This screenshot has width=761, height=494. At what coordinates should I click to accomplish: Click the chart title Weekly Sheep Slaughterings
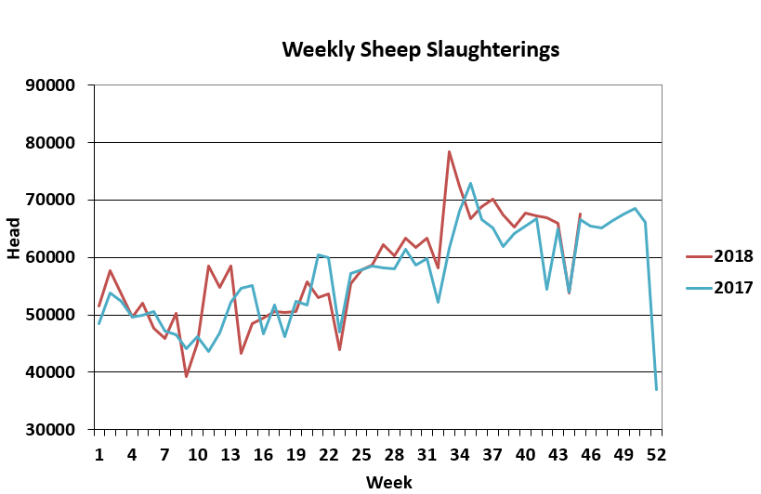tap(421, 48)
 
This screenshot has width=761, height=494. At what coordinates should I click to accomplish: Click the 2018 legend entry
tap(733, 257)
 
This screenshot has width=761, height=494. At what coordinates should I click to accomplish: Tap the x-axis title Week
tap(388, 481)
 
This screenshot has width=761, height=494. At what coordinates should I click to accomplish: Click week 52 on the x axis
tap(656, 454)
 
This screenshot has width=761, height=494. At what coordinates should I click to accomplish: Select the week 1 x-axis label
tap(98, 454)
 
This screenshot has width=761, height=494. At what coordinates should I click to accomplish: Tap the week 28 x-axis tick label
tap(394, 454)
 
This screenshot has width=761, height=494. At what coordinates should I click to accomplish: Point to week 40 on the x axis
tap(525, 454)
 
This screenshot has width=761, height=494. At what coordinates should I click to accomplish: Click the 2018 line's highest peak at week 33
tap(449, 151)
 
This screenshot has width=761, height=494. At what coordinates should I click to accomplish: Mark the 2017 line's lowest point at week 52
tap(656, 389)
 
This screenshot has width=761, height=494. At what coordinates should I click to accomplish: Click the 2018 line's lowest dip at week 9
tap(186, 376)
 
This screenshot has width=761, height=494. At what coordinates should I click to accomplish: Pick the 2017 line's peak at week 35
tap(471, 184)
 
